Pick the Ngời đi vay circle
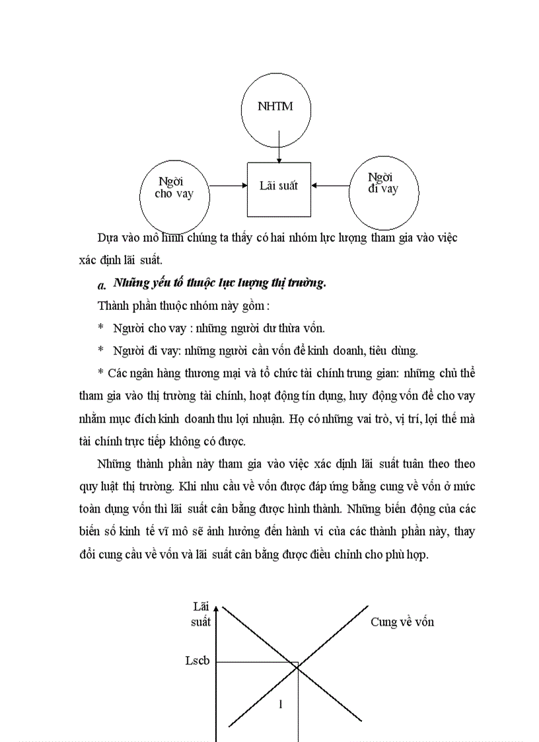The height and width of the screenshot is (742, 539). [383, 189]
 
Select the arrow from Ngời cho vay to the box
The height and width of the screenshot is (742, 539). [229, 186]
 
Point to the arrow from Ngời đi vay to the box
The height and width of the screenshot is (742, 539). [330, 186]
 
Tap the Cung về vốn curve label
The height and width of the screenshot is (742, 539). [402, 622]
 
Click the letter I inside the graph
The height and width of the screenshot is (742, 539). [281, 704]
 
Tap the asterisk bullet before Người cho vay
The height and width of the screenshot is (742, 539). [100, 328]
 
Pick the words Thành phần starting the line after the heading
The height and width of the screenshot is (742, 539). [123, 305]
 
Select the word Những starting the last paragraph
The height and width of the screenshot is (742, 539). [114, 464]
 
